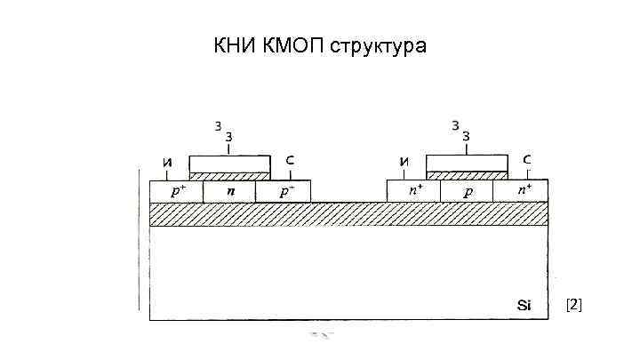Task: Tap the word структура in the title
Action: [x=379, y=46]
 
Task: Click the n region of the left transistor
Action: [x=229, y=191]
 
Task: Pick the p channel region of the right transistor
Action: [x=467, y=191]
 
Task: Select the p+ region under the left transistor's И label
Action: [x=176, y=191]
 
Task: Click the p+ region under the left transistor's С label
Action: [x=284, y=191]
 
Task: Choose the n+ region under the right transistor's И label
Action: [x=413, y=191]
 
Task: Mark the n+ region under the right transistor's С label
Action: [x=522, y=191]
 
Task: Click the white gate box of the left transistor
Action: [x=230, y=164]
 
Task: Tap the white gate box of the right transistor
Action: [x=467, y=163]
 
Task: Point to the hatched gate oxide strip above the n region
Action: [x=230, y=176]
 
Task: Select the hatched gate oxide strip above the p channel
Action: [x=467, y=175]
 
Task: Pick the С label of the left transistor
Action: [x=291, y=160]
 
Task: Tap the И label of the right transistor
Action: [x=404, y=162]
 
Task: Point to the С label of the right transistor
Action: [x=527, y=160]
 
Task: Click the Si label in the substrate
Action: [x=524, y=305]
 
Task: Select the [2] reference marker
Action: [x=573, y=305]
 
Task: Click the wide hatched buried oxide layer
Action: [x=348, y=213]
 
